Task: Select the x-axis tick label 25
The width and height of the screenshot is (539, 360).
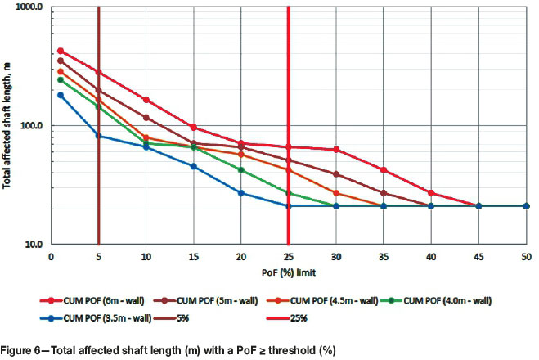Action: point(289,256)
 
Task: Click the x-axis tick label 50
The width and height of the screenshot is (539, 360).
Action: point(526,256)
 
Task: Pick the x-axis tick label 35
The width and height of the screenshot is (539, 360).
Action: point(384,256)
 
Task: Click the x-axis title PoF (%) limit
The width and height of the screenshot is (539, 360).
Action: point(285,271)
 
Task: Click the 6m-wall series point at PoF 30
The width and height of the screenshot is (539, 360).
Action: point(336,150)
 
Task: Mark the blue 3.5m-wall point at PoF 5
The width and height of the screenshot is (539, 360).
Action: point(98,136)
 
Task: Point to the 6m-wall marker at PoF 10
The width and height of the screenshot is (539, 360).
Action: point(146,100)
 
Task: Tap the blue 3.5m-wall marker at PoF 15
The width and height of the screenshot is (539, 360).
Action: point(193,166)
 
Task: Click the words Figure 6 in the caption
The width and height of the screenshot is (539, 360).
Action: point(24,350)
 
